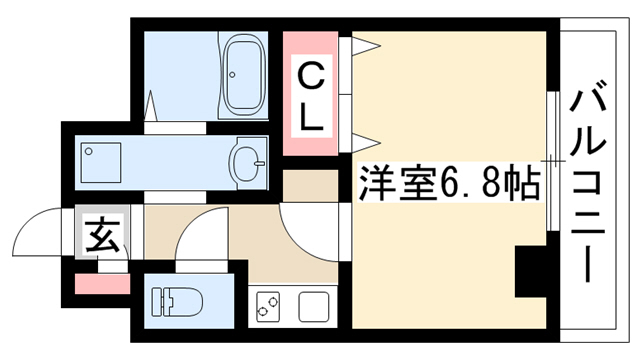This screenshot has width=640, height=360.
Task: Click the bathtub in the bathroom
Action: click(x=244, y=75)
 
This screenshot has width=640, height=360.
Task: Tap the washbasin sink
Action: click(x=247, y=163)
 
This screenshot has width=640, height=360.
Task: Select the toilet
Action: click(x=177, y=302)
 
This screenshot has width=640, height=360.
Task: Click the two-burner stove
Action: click(x=268, y=306)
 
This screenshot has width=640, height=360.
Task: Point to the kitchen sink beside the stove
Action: click(x=313, y=307)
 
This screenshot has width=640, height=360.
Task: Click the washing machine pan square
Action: click(x=101, y=162)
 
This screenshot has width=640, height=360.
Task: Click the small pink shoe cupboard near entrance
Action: click(x=102, y=284)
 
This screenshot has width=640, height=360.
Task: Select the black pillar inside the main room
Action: click(x=531, y=271)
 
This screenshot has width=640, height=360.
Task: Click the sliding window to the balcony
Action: click(x=553, y=161)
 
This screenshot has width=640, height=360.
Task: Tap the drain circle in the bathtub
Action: click(x=232, y=75)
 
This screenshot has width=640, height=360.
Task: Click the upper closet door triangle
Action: click(x=366, y=45)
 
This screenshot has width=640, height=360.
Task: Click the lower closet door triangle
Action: click(x=366, y=143)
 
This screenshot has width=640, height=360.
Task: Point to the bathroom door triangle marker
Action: click(x=151, y=105)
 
